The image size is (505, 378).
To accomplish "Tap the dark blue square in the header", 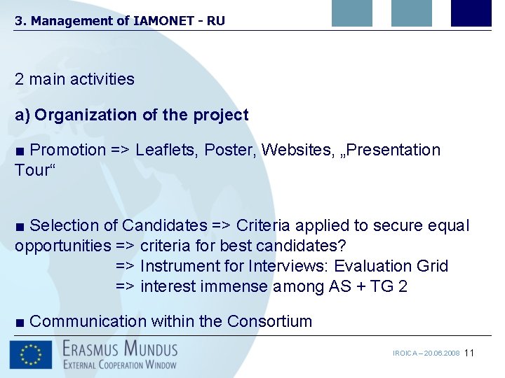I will click(x=471, y=13).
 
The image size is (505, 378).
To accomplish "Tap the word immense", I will click(x=234, y=286).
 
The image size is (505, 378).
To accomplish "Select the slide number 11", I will click(x=469, y=353).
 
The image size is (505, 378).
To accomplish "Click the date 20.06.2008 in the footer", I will click(x=442, y=353).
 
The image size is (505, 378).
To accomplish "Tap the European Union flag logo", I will click(x=31, y=354).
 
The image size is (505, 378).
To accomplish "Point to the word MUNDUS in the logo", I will click(x=147, y=348).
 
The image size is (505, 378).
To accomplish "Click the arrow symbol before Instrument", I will click(x=126, y=266).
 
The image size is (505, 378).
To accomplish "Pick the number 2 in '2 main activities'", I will click(x=20, y=79).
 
